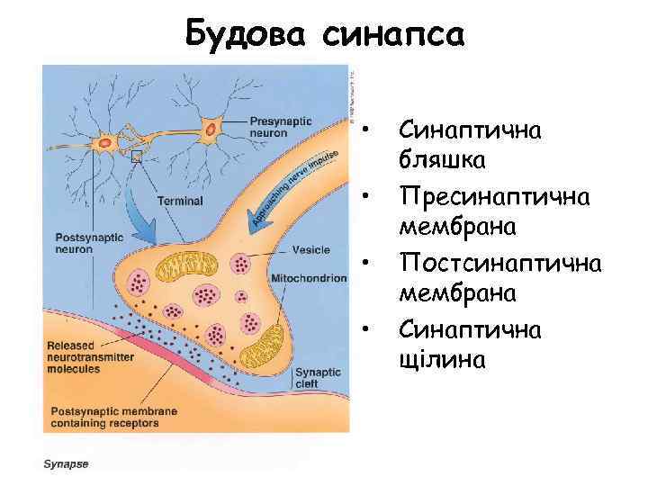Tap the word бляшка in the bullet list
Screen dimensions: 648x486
[x=442, y=161]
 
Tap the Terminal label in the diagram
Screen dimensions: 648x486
[x=181, y=202]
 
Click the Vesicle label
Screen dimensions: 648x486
[x=310, y=249]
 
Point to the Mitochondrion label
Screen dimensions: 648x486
[x=308, y=278]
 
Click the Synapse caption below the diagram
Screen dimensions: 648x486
[x=67, y=464]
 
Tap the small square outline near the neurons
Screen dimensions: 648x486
[x=137, y=157]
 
